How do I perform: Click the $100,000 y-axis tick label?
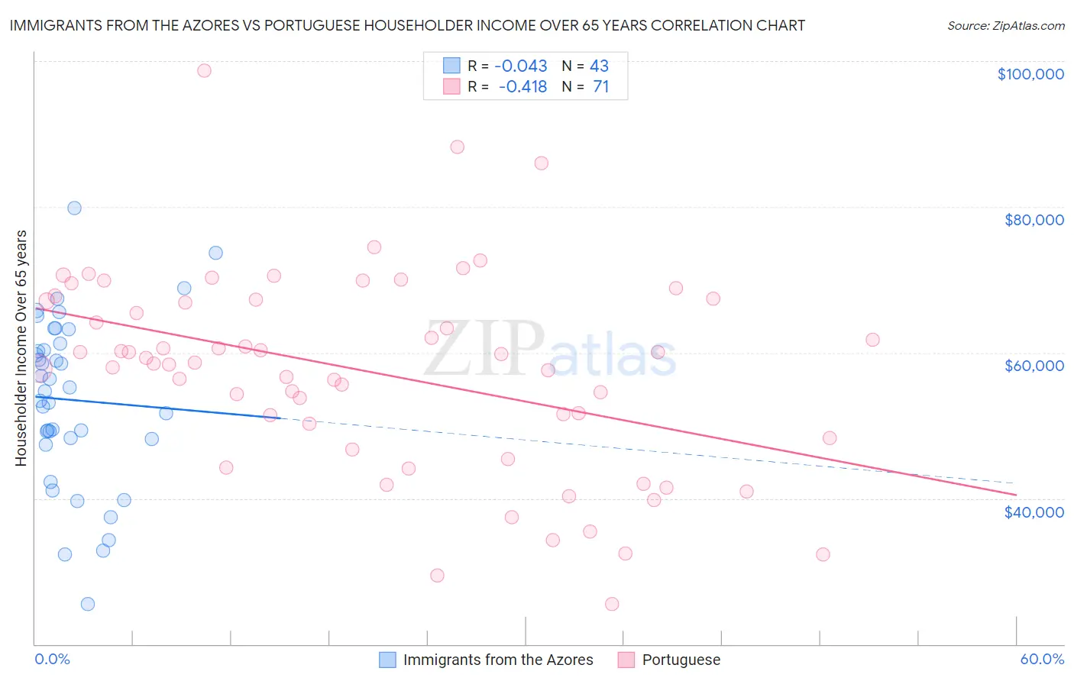point(1030,74)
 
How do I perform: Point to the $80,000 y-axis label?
point(1034,220)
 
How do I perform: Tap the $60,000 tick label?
point(1034,366)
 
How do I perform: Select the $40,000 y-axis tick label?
point(1034,512)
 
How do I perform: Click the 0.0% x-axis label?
point(52,659)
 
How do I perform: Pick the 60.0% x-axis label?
point(1041,659)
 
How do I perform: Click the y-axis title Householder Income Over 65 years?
point(21,347)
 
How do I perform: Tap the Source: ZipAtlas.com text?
point(1005,26)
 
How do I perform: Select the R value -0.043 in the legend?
point(520,66)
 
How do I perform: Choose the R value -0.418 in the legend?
point(522,87)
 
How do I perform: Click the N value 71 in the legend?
point(600,87)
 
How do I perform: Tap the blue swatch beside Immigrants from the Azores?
point(388,660)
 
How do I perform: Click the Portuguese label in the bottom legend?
point(681,660)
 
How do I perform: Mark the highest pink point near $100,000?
point(204,70)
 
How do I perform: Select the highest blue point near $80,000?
point(74,208)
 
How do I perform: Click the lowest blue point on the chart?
point(88,604)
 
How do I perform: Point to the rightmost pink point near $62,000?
point(872,340)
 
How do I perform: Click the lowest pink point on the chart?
point(612,604)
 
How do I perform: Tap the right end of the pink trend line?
point(1016,495)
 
